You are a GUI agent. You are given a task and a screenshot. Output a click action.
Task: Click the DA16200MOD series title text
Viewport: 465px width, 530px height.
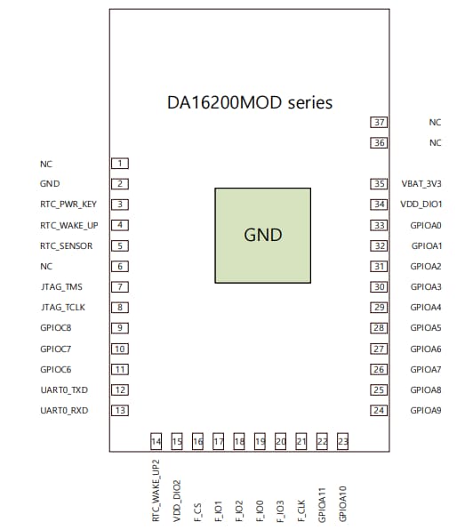[x=250, y=102]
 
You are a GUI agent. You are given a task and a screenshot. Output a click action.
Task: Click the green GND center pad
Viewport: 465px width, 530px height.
[x=262, y=235]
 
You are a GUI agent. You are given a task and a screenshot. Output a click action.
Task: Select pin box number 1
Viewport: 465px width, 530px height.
[x=120, y=164]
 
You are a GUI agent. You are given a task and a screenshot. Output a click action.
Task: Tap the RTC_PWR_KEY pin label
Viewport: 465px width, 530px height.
[x=68, y=205]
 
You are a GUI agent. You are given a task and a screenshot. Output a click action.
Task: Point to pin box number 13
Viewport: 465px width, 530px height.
[x=120, y=410]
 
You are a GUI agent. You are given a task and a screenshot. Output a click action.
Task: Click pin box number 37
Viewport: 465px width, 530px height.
[x=380, y=122]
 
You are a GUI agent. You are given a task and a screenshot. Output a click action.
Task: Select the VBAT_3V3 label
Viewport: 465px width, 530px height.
[x=421, y=184]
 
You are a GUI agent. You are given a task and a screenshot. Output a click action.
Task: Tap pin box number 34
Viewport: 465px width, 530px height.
[x=380, y=205]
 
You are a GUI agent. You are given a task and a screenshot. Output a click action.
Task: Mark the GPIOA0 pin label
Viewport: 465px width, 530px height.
[x=426, y=225]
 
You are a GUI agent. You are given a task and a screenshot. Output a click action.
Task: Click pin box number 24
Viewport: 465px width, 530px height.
[x=380, y=410]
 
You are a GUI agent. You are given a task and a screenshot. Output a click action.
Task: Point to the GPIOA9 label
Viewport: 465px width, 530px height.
[x=426, y=410]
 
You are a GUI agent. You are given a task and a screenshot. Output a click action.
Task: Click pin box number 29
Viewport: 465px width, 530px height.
[x=380, y=308]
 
